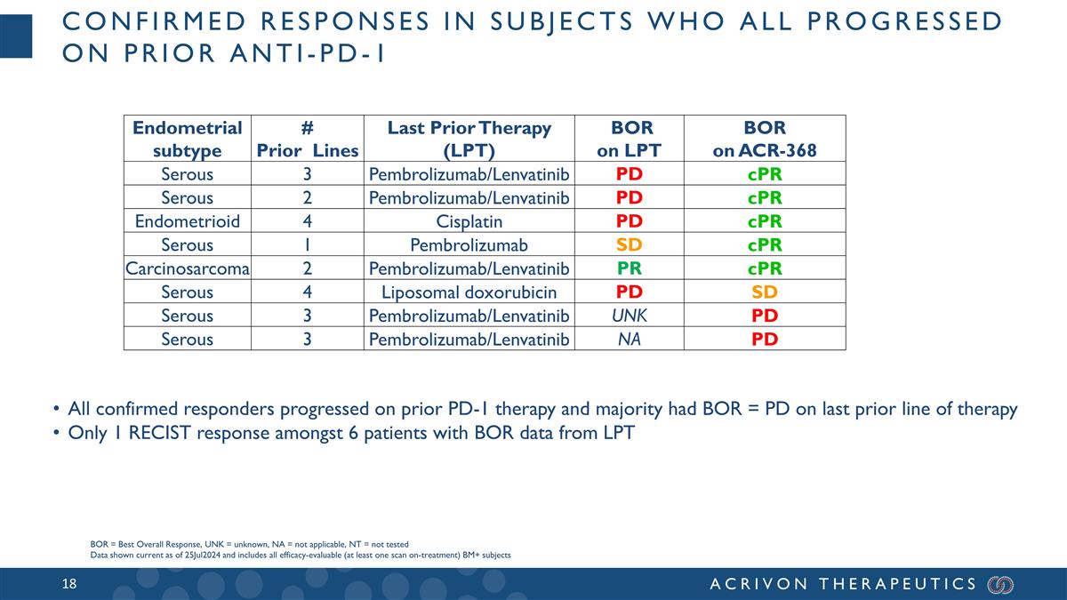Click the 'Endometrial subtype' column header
(x=187, y=139)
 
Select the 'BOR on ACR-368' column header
(x=765, y=139)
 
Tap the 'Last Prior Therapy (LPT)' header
(x=469, y=139)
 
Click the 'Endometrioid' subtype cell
(x=187, y=221)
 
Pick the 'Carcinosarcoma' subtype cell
(x=188, y=268)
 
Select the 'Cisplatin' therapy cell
(x=469, y=221)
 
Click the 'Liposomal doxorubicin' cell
(x=469, y=292)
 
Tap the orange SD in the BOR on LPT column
(x=630, y=245)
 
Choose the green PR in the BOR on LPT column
(x=630, y=268)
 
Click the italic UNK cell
(x=630, y=316)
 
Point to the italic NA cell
(x=630, y=340)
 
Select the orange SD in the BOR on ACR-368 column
(x=765, y=292)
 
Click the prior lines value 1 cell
(x=307, y=245)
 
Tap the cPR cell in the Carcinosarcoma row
(x=765, y=268)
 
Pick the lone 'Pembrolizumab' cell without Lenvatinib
(x=469, y=245)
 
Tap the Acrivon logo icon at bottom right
(x=1000, y=584)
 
